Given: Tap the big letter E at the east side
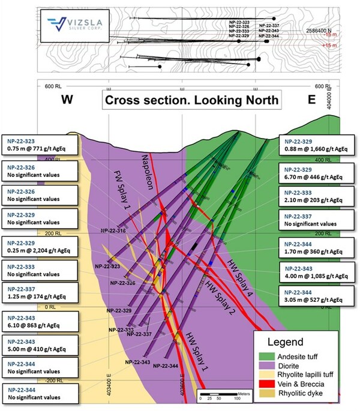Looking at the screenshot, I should click(x=311, y=100).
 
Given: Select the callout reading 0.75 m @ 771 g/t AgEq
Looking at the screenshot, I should click(x=40, y=143).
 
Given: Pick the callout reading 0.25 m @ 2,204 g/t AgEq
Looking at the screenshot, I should click(x=40, y=247).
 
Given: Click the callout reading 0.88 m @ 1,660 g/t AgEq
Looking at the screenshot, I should click(x=318, y=143).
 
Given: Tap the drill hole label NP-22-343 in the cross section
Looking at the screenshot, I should click(x=137, y=362).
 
